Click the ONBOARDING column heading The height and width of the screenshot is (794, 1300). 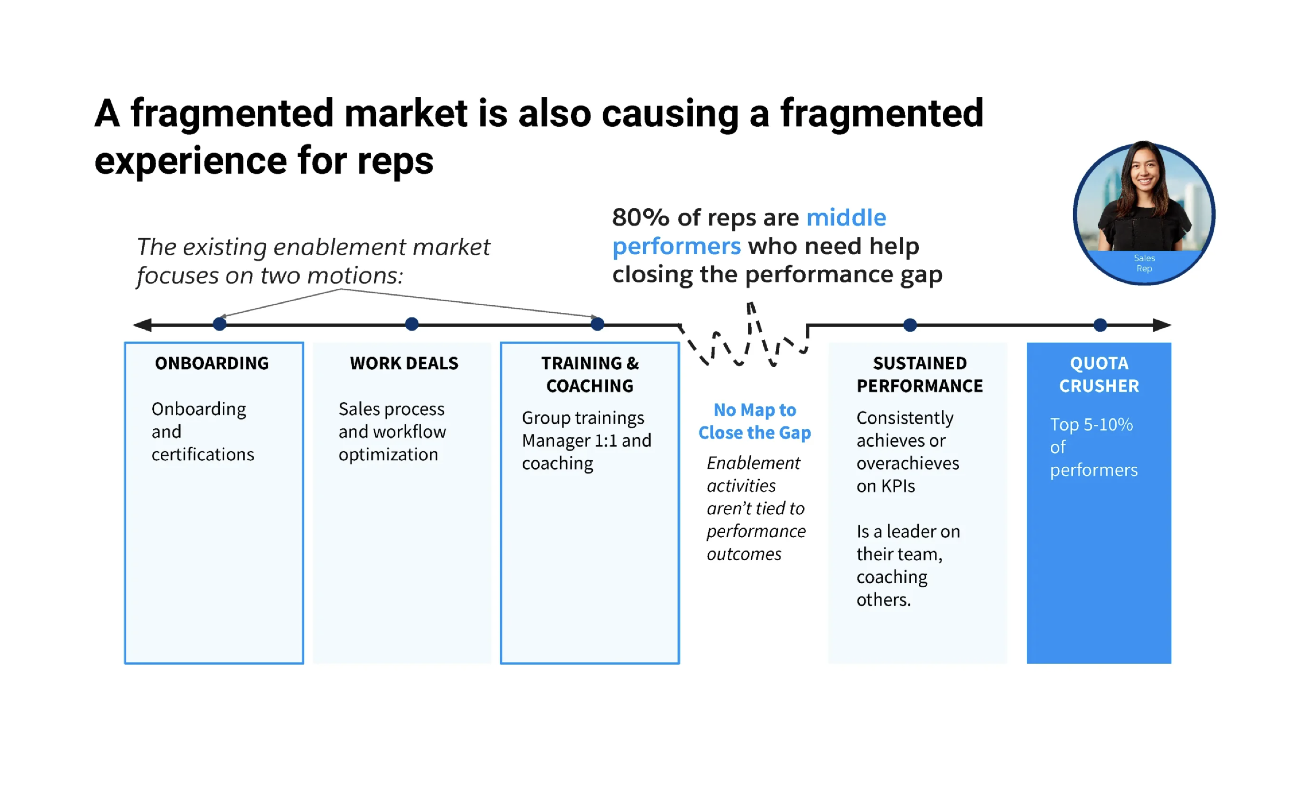click(x=211, y=363)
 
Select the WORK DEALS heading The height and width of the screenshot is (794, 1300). click(x=404, y=363)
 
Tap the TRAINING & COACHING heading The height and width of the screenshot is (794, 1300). click(x=590, y=374)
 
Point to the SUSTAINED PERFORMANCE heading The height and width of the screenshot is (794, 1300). click(x=920, y=374)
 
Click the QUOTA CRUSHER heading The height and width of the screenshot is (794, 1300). click(x=1099, y=374)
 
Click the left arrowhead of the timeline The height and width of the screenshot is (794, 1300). click(x=141, y=325)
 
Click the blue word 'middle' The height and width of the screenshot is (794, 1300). click(x=846, y=217)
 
